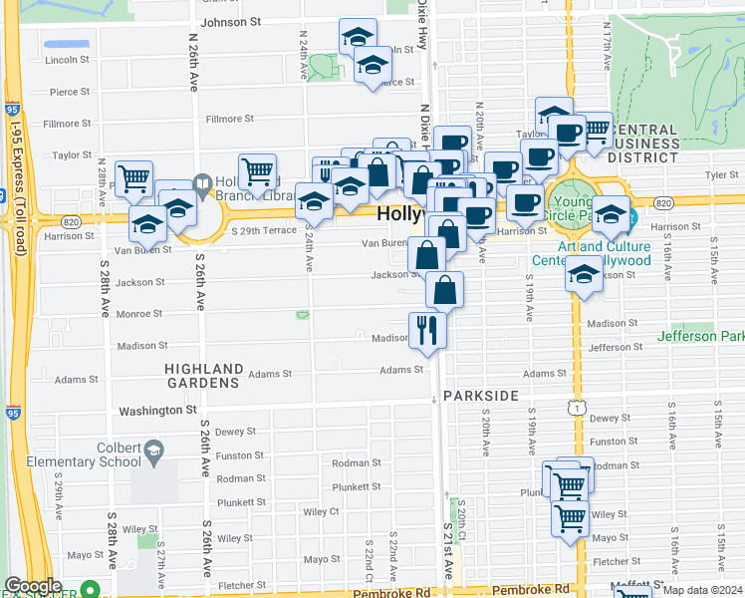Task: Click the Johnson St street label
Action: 230,21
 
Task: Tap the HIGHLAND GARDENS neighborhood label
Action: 204,376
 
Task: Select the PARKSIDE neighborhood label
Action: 481,396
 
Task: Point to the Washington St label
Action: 158,410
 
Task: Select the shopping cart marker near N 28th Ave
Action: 133,179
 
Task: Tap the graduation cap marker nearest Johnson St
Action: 357,37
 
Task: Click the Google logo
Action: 33,586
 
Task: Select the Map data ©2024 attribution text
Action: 702,590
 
